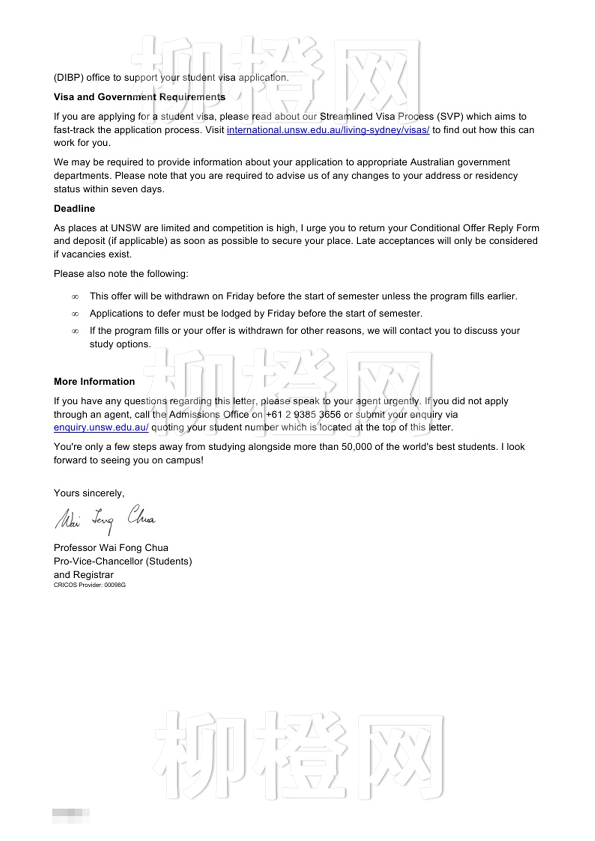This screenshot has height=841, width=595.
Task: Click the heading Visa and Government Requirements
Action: (x=139, y=97)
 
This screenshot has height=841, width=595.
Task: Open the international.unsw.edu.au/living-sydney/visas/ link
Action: (x=328, y=130)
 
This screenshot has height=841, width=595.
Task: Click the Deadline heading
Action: (x=74, y=209)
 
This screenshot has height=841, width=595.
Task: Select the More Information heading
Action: (x=94, y=381)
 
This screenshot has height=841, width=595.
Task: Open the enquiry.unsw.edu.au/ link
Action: (x=101, y=428)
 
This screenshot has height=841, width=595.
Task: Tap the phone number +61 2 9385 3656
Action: (x=303, y=415)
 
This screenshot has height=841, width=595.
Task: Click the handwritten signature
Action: (x=105, y=518)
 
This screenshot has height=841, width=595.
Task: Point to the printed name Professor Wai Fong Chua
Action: (x=111, y=548)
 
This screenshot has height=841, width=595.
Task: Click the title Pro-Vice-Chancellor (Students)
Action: (x=123, y=562)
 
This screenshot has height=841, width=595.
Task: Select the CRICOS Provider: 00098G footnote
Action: (x=90, y=585)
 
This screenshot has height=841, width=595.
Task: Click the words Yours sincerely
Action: (x=89, y=493)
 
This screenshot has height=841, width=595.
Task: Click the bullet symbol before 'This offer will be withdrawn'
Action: (x=75, y=297)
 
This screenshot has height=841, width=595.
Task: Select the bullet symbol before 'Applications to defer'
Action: (x=75, y=314)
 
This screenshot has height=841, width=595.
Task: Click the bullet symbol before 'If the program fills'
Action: (x=75, y=331)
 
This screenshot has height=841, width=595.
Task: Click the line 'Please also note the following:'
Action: (x=121, y=274)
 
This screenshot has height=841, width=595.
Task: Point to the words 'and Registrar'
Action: (x=84, y=575)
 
